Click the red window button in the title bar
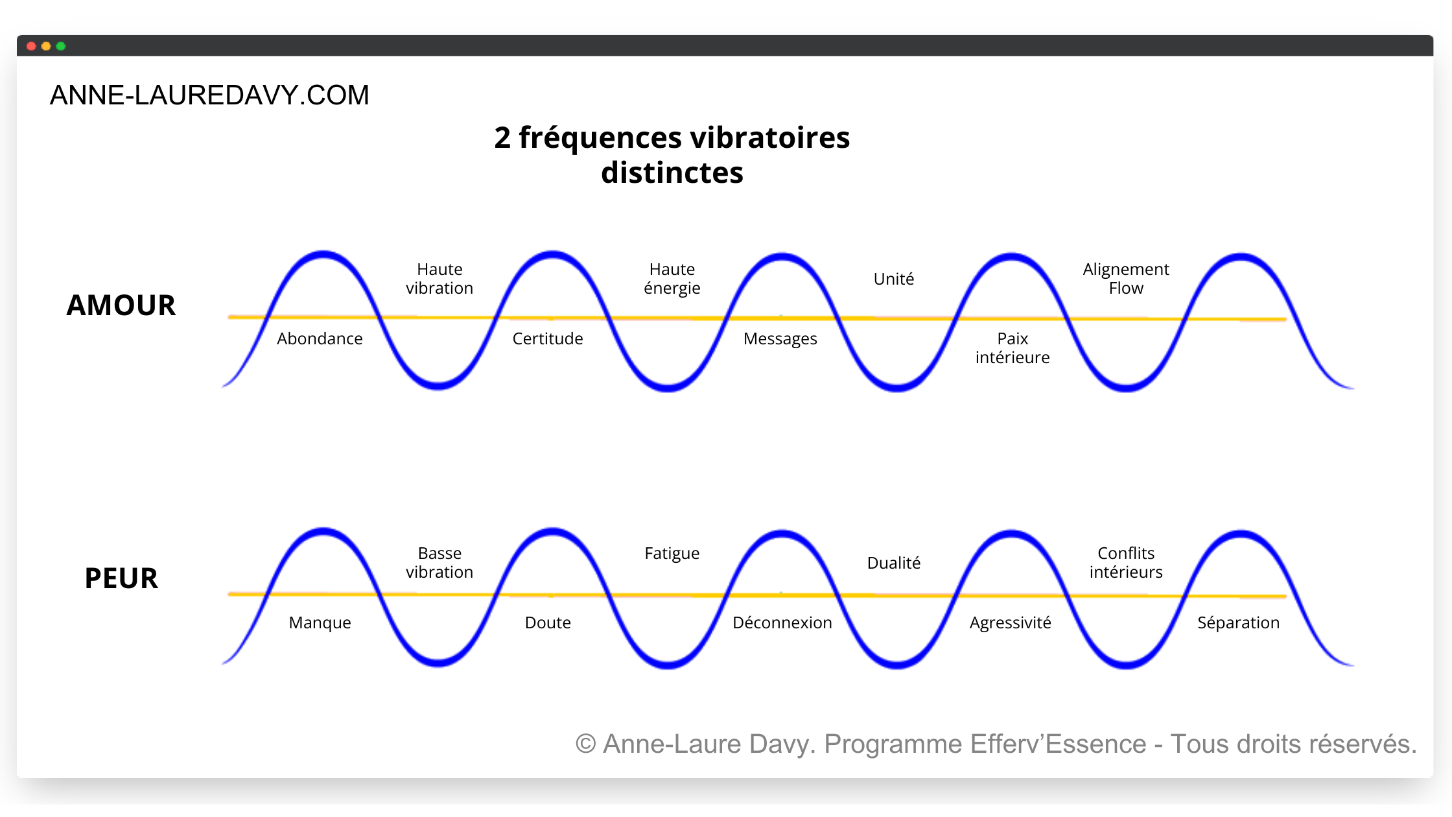pos(31,46)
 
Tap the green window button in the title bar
pos(61,46)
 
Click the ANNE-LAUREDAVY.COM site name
pos(209,95)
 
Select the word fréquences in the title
pos(600,137)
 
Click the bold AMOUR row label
pos(121,305)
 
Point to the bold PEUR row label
pos(121,578)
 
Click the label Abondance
pos(320,338)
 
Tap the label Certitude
pos(548,338)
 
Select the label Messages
pos(780,338)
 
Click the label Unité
pos(894,279)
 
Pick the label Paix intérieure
pos(1013,348)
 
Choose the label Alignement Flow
pos(1126,278)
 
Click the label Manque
pos(320,622)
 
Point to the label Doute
pos(548,622)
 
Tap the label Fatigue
pos(672,553)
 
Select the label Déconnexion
pos(782,622)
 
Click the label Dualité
pos(894,563)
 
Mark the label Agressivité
pos(1011,622)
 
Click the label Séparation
pos(1239,622)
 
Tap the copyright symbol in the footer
pos(585,744)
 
